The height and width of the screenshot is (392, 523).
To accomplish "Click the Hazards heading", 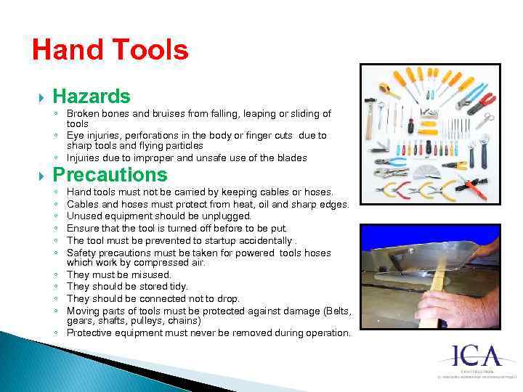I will (92, 96).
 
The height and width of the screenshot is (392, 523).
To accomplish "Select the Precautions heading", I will (110, 175).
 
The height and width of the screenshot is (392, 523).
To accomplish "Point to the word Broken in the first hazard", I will (83, 114).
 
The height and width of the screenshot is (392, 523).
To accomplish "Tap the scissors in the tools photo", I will (484, 120).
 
